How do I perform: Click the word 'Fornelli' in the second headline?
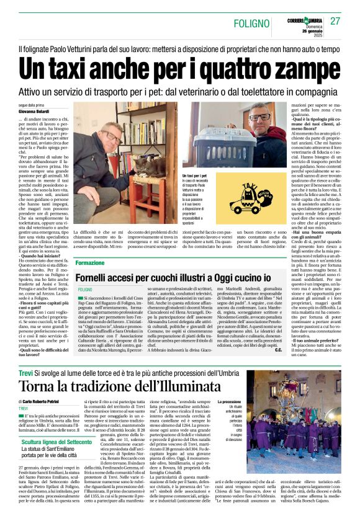102,275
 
